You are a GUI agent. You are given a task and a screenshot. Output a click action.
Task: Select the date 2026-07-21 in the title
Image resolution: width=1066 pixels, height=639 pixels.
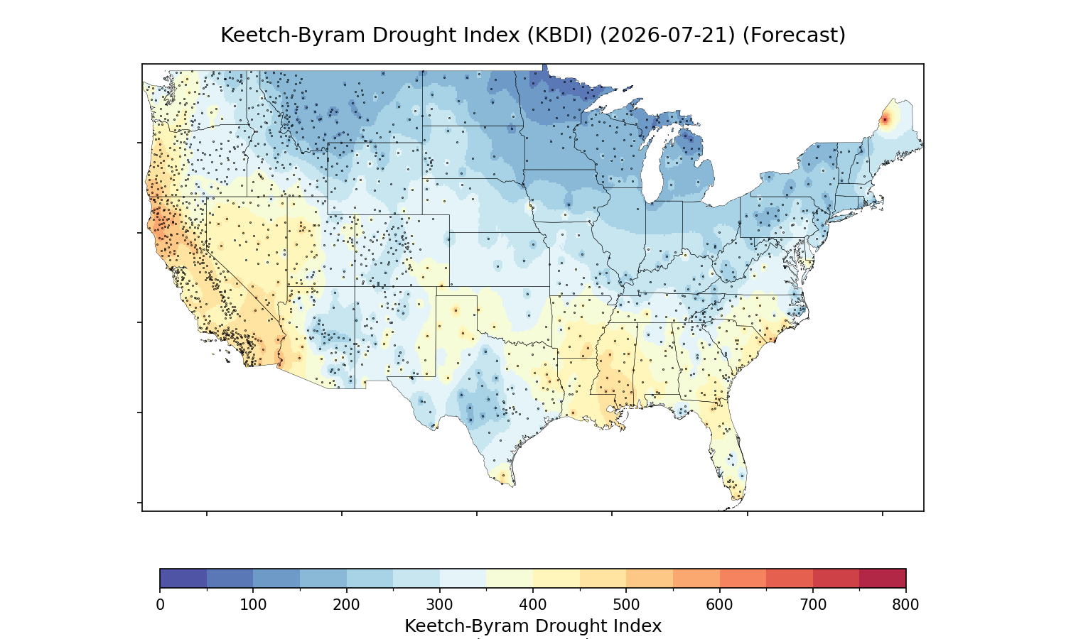[667, 35]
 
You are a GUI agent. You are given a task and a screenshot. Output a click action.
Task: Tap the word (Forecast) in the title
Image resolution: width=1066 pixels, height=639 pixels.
[794, 35]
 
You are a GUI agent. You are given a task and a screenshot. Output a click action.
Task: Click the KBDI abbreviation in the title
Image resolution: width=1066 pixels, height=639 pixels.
[560, 35]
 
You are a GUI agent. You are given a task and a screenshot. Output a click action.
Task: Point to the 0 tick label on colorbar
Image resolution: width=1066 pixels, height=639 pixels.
[160, 605]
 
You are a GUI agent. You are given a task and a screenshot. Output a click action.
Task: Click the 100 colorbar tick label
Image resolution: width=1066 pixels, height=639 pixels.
[253, 605]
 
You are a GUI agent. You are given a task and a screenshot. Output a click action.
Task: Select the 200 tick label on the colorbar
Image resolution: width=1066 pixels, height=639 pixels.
[347, 605]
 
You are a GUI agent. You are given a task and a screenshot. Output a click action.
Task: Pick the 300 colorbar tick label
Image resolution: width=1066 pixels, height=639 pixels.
[440, 605]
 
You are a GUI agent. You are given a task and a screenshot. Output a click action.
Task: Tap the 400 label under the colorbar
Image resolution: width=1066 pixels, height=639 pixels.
[533, 605]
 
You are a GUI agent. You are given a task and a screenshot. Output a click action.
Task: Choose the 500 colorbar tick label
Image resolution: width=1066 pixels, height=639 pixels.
[626, 605]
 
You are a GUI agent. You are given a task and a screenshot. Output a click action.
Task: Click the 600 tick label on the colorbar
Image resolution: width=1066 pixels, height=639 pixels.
[719, 605]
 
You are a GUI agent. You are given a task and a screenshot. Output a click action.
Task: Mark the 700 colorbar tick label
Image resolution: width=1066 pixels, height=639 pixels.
[813, 605]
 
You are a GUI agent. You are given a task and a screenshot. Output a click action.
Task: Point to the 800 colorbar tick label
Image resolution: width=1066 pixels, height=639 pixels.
[905, 605]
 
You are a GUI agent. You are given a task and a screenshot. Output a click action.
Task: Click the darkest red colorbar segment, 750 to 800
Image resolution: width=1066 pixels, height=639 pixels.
[883, 578]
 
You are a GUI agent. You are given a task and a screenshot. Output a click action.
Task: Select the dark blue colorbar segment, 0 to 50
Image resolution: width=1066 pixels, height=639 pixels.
[183, 578]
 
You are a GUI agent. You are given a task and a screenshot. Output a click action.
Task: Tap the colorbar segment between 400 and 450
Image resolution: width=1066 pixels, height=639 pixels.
[556, 578]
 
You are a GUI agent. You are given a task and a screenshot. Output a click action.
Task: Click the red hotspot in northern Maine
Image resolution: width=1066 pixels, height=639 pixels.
[885, 120]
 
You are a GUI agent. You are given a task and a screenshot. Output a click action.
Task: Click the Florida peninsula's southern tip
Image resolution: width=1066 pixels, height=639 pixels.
[737, 499]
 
